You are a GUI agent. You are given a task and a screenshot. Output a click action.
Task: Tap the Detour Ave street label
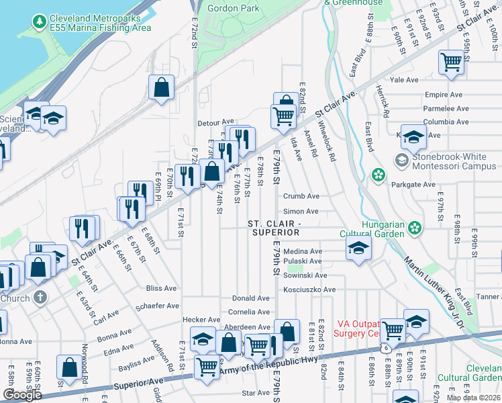(x=215, y=123)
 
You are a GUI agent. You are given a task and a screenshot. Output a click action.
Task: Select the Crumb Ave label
(x=301, y=197)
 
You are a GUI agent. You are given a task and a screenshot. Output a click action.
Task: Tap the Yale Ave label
(x=405, y=79)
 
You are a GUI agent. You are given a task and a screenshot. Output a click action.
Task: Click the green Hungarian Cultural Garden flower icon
(x=415, y=228)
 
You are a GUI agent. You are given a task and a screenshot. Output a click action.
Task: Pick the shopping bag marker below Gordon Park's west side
(x=162, y=87)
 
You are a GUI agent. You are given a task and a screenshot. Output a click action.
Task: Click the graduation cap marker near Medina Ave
(x=358, y=249)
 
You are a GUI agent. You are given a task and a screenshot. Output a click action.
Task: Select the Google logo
(x=22, y=395)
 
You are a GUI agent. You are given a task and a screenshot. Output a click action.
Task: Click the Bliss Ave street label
(x=161, y=288)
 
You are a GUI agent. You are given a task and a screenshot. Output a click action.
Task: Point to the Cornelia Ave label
(x=249, y=312)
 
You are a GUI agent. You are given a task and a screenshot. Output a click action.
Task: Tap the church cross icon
(x=40, y=297)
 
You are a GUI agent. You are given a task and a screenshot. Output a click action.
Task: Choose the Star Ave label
(x=256, y=393)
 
